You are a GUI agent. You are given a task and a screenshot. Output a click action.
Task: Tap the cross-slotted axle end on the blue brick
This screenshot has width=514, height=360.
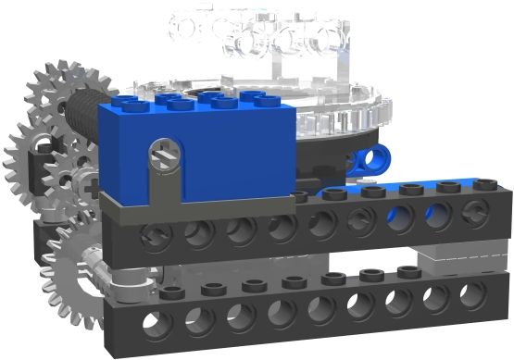pyautogui.click(x=165, y=147)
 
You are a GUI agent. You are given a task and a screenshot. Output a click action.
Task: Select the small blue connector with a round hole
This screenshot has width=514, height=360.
pyautogui.click(x=370, y=159)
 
